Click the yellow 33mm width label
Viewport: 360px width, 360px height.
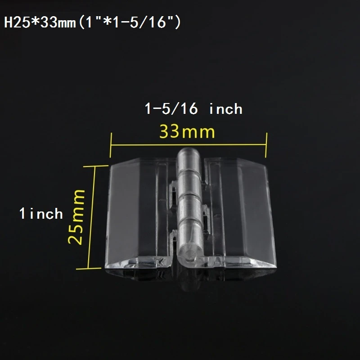pos(187,132)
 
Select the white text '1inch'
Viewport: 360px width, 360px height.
pos(40,213)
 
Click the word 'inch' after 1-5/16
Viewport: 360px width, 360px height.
pos(226,108)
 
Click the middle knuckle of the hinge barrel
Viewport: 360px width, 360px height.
pos(189,205)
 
